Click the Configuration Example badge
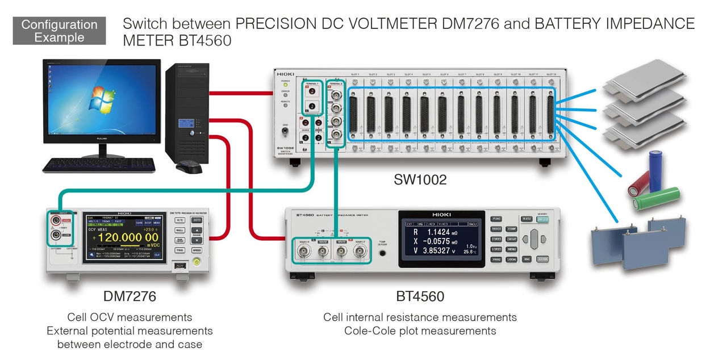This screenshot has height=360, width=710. point(60,31)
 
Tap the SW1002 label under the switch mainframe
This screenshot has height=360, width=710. point(420,180)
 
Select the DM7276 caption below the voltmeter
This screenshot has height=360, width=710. point(130,296)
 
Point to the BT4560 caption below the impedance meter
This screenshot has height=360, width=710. point(420,296)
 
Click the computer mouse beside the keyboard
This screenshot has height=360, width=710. point(189,167)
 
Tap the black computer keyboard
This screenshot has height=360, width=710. point(98,165)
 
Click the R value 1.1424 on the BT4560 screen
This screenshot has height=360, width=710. point(438,232)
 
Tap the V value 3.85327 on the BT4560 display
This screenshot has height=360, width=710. point(438,250)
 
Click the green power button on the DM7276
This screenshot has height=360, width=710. point(197,262)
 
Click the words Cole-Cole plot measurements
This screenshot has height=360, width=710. point(420,331)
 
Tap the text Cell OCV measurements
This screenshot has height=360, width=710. point(130,317)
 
